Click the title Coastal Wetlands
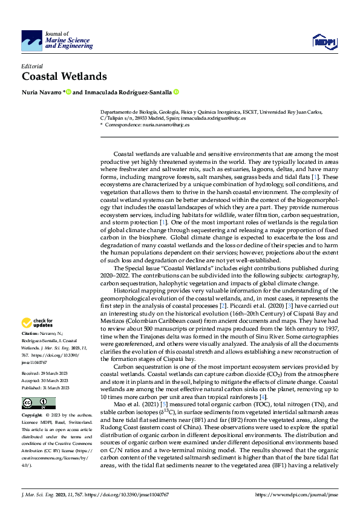[x=64, y=76]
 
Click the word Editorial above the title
[x=33, y=65]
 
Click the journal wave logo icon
[x=32, y=41]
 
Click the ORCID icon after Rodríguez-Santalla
[x=176, y=92]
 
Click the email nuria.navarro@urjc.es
[x=165, y=125]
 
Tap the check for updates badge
[x=38, y=323]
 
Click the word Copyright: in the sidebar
[x=32, y=416]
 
